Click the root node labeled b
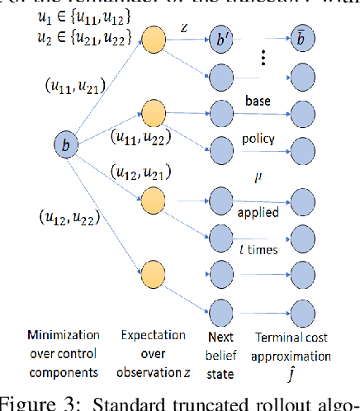pos(65,145)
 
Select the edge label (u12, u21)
pos(135,172)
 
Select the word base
pos(258,102)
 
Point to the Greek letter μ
pos(258,174)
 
